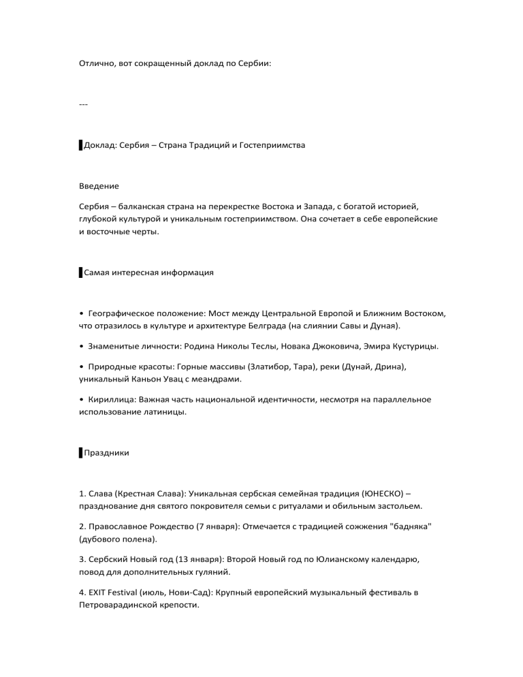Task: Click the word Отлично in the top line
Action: [95, 63]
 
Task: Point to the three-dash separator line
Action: [84, 104]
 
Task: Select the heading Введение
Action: [99, 186]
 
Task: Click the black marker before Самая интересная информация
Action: [80, 272]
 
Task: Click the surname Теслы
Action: [295, 346]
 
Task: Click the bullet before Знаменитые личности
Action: [82, 346]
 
